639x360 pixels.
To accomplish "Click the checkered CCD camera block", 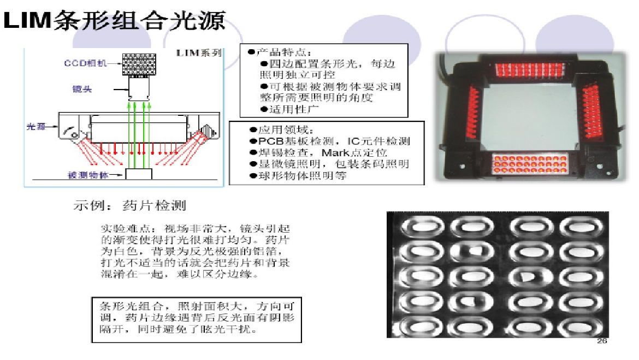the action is coord(139,64).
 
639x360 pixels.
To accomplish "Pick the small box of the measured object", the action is coord(138,174).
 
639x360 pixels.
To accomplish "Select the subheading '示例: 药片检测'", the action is coord(130,206).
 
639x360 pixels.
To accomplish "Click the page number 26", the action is coord(602,341).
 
